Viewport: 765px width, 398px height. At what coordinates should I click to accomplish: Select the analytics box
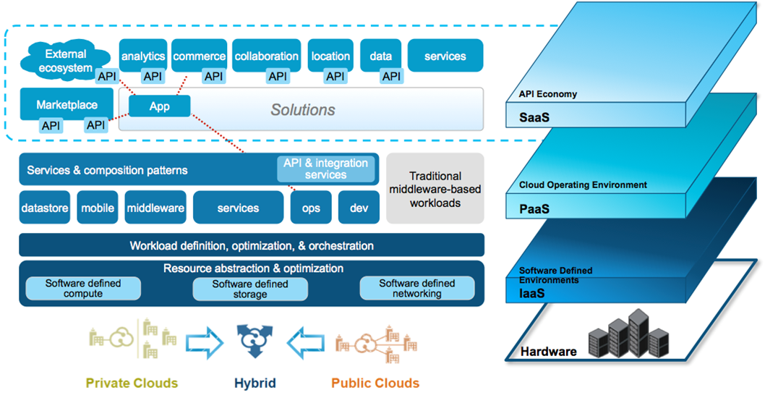143,55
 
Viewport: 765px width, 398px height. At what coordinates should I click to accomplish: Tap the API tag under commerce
213,76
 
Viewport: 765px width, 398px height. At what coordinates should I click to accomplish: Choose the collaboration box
266,55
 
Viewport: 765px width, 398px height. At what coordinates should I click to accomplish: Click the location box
330,55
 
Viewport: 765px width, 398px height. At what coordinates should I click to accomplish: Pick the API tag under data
391,76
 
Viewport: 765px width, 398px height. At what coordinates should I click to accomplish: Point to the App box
159,106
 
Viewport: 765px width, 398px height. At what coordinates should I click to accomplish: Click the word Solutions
303,110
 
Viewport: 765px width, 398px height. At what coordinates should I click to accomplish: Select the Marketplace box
68,104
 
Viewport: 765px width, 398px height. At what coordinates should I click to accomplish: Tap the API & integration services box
325,169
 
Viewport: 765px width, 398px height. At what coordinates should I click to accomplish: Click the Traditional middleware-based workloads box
435,188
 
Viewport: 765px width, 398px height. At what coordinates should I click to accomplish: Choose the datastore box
45,208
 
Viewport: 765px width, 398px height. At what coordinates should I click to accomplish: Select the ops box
311,208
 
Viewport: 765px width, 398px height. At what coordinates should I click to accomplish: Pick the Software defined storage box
250,289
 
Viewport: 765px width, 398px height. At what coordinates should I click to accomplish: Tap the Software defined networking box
417,288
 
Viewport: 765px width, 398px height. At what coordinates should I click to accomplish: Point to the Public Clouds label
375,383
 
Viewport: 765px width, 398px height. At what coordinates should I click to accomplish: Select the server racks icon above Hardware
628,336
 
